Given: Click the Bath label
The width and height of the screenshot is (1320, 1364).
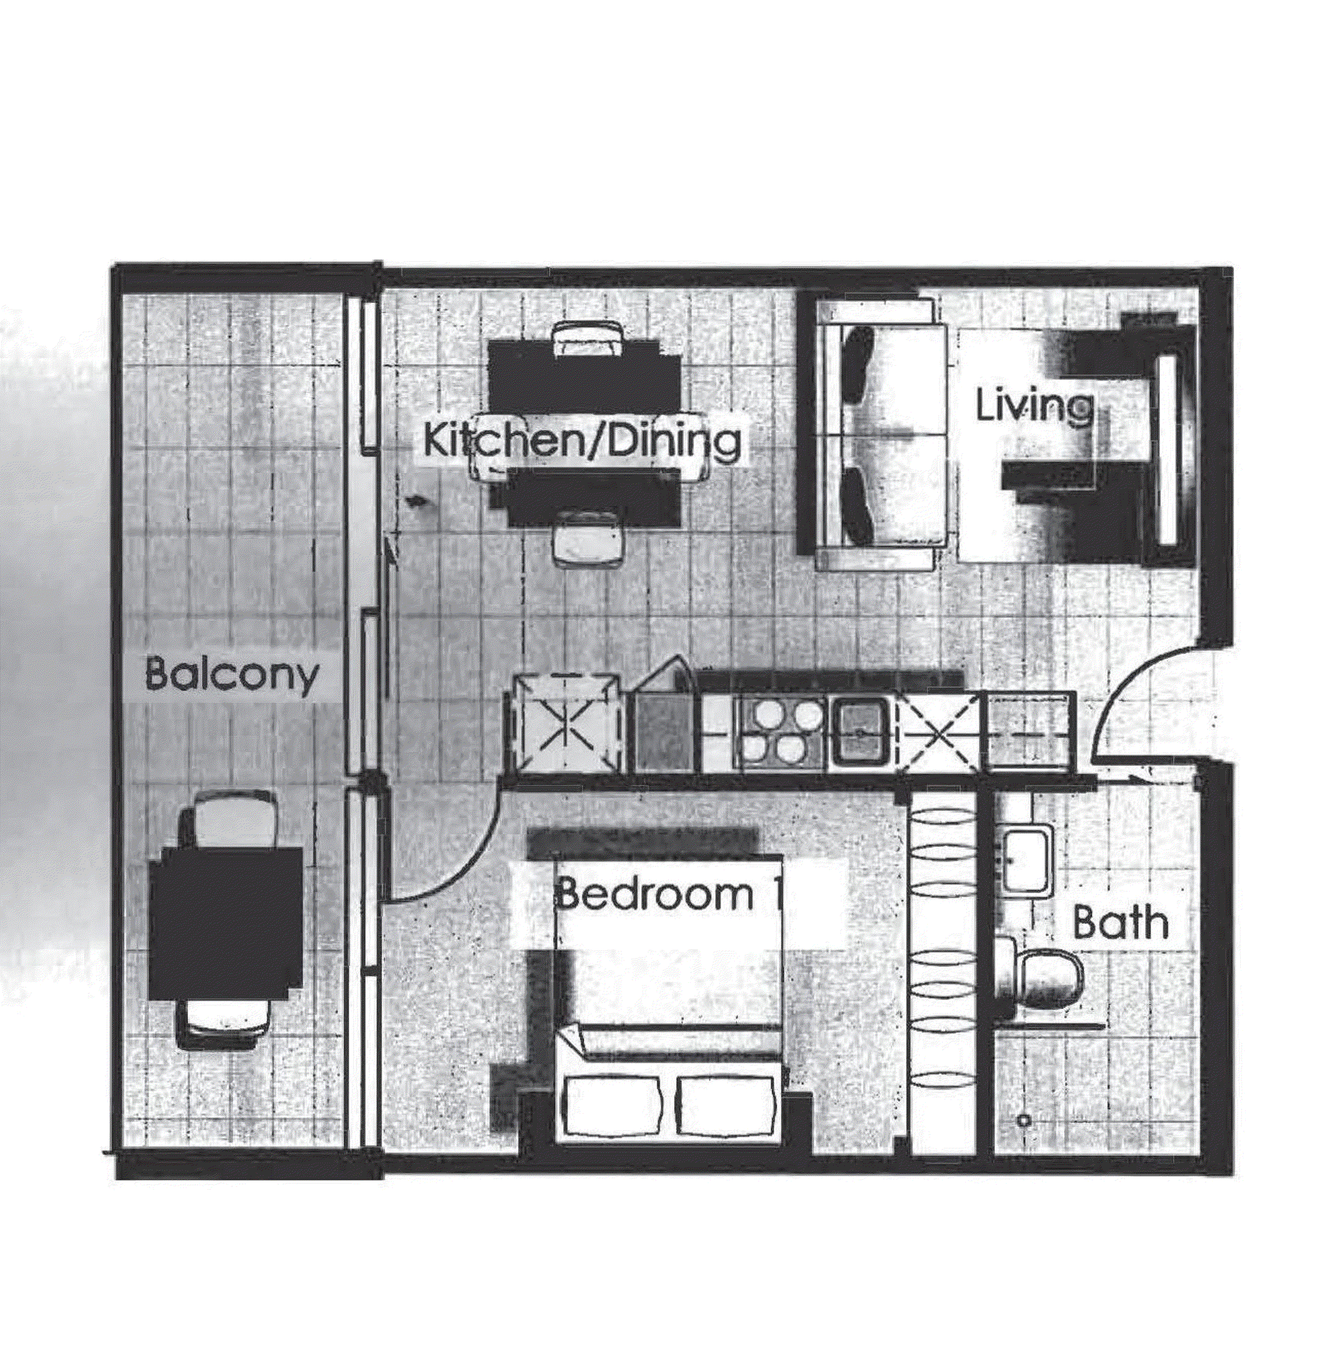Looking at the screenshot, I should coord(1120,923).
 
